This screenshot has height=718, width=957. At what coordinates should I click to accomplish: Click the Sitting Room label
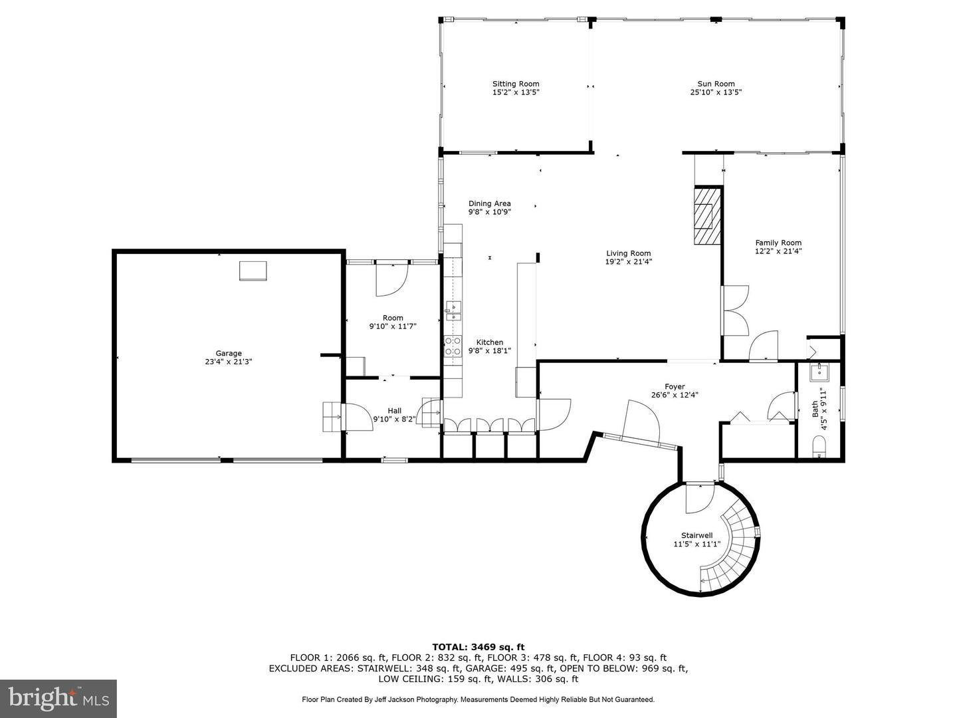(516, 84)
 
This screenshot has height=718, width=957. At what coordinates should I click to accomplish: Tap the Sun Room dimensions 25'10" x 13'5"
(716, 92)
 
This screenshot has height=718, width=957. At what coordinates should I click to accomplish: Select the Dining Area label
(490, 203)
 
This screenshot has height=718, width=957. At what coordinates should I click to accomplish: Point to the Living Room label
(628, 253)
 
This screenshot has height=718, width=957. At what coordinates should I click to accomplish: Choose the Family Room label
(778, 243)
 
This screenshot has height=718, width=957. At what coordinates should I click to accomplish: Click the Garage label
(229, 353)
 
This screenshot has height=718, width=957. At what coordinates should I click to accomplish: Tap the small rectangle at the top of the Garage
(253, 271)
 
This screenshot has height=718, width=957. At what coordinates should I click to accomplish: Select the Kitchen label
(490, 342)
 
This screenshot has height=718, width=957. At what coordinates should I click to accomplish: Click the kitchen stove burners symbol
(453, 346)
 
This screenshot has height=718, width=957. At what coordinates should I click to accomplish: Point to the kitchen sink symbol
(453, 310)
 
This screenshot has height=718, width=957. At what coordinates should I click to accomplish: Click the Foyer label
(675, 386)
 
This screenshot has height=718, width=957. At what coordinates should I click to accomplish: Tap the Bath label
(815, 409)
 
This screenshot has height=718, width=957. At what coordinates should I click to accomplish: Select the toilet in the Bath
(818, 447)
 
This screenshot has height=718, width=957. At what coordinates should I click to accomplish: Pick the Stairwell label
(696, 535)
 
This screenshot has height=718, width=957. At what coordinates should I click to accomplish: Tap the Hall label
(394, 411)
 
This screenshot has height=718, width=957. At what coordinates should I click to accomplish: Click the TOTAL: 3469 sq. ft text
(478, 646)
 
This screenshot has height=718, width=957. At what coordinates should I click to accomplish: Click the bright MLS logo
(58, 698)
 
